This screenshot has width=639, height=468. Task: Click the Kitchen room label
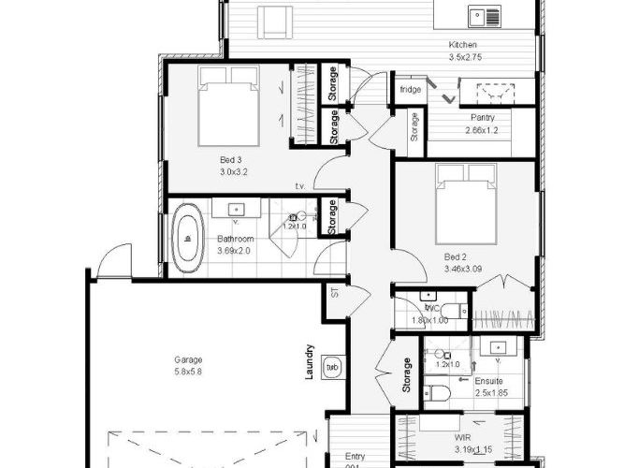[462, 45]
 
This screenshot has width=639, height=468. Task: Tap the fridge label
[411, 90]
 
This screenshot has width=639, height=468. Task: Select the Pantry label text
[483, 118]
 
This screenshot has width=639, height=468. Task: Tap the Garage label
[188, 359]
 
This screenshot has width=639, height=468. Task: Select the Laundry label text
[308, 359]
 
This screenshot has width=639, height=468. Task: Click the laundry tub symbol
[332, 366]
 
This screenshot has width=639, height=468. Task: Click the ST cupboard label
[335, 292]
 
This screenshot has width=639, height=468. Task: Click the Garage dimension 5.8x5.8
[188, 372]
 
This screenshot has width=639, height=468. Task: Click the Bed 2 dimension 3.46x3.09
[464, 269]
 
